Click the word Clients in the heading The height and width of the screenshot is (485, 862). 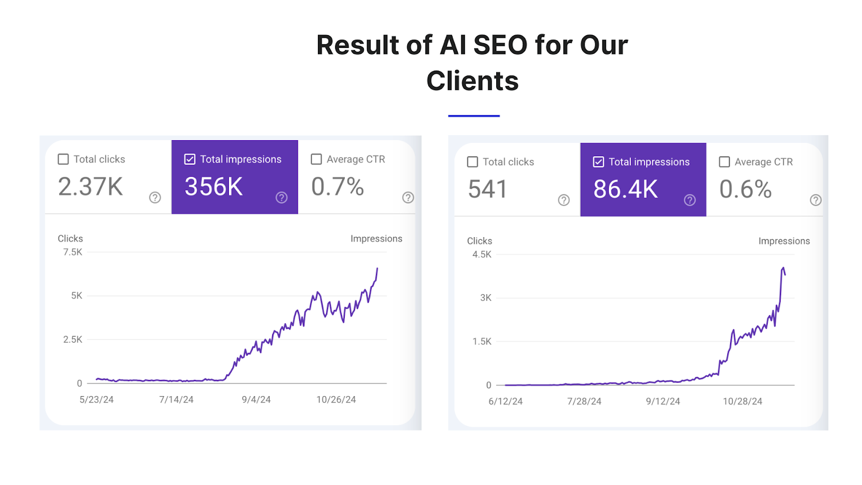click(x=472, y=81)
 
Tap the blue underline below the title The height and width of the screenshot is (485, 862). click(x=474, y=116)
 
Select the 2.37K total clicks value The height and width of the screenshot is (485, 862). click(x=91, y=187)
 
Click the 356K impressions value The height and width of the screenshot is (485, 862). click(x=214, y=187)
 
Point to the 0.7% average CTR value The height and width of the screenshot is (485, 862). click(x=338, y=187)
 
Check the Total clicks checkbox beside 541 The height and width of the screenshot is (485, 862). click(x=472, y=162)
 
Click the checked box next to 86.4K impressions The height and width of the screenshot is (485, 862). click(x=598, y=162)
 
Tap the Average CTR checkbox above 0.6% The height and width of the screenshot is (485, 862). click(x=725, y=162)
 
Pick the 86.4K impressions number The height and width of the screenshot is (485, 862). click(x=625, y=189)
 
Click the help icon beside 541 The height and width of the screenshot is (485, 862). click(x=564, y=200)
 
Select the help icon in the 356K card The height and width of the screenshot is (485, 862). click(x=281, y=197)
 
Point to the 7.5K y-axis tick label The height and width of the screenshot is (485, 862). click(x=73, y=252)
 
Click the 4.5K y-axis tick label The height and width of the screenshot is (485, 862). click(x=482, y=254)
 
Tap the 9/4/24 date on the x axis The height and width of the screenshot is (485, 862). click(x=256, y=400)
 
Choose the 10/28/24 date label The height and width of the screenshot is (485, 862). click(x=742, y=401)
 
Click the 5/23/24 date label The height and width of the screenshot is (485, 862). click(x=96, y=400)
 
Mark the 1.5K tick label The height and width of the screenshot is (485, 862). click(x=482, y=342)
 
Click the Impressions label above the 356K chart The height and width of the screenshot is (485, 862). click(x=376, y=239)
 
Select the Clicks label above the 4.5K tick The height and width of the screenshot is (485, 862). click(x=479, y=241)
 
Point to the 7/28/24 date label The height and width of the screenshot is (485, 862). click(x=584, y=401)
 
